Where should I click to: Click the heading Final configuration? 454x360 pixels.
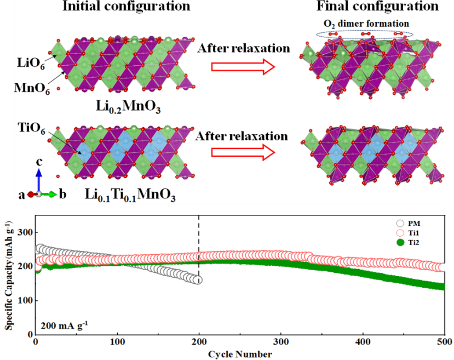pos(385,7)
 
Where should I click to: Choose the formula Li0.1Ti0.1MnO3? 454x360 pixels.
pos(131,195)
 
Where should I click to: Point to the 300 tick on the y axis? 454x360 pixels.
pos(23,233)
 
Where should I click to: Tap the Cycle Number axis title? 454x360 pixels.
pos(240,354)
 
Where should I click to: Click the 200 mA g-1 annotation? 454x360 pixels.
pos(64,324)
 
